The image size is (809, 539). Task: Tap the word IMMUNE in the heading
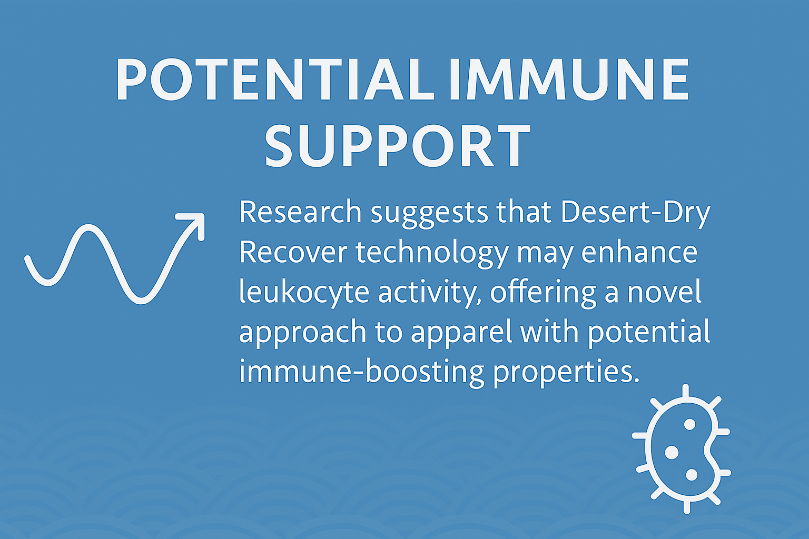pyautogui.click(x=569, y=79)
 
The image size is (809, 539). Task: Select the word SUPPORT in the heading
pyautogui.click(x=398, y=146)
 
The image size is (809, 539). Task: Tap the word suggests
pyautogui.click(x=429, y=215)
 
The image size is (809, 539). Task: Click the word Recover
pyautogui.click(x=293, y=252)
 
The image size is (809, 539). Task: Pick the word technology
pyautogui.click(x=432, y=255)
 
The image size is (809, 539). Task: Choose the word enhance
pyautogui.click(x=639, y=252)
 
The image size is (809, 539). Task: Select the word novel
pyautogui.click(x=665, y=292)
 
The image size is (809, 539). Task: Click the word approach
pyautogui.click(x=303, y=334)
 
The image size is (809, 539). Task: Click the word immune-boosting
pyautogui.click(x=361, y=373)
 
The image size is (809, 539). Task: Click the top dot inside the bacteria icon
pyautogui.click(x=690, y=424)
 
